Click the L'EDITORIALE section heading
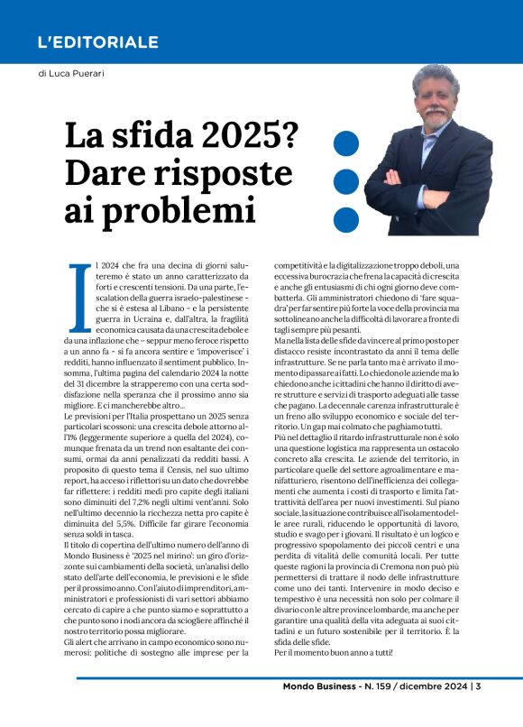98,42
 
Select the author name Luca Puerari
74,74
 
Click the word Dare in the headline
108,172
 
